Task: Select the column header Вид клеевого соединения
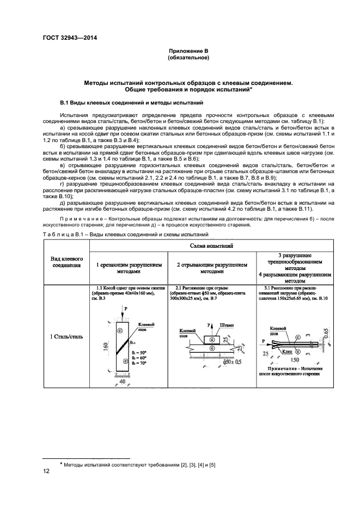(66, 262)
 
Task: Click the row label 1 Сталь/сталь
(66, 337)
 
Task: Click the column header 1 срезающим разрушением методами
(129, 267)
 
